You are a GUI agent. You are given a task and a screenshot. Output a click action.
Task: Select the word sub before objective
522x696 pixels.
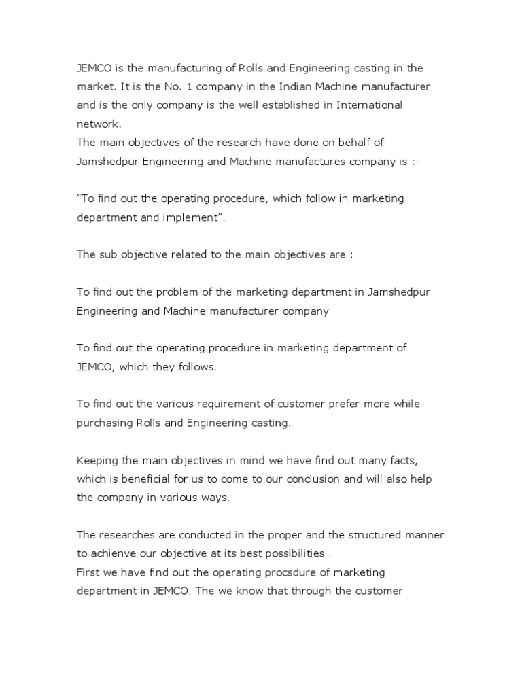pyautogui.click(x=108, y=255)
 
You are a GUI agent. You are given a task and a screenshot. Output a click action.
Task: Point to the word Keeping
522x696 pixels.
pyautogui.click(x=97, y=460)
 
